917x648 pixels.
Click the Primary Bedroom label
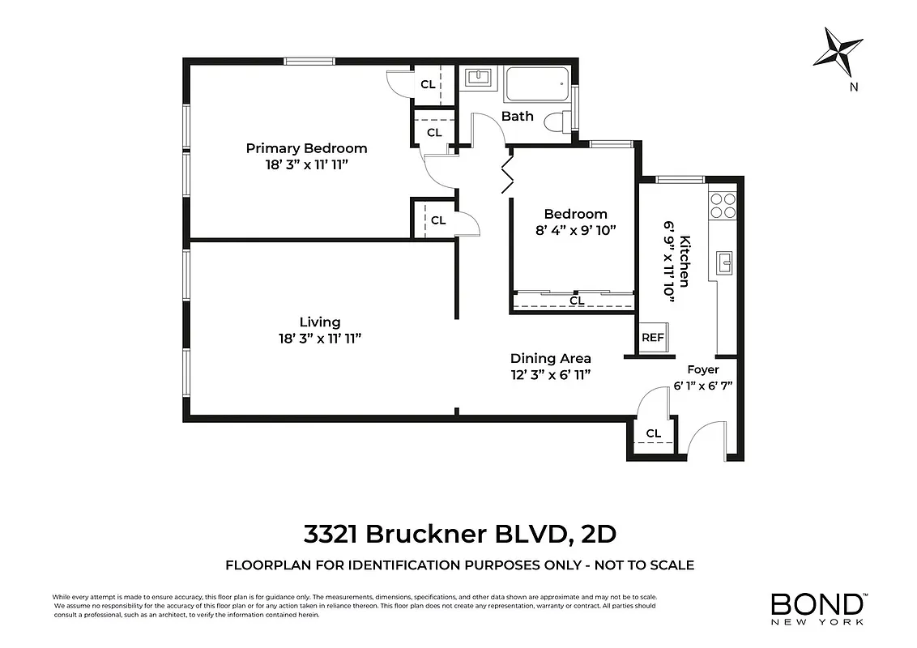coord(306,148)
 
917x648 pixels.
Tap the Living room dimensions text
coord(319,339)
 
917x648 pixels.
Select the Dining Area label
coord(550,358)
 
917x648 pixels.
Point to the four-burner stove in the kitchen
coord(723,206)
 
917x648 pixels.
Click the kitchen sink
coord(726,262)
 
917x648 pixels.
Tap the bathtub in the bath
coord(536,84)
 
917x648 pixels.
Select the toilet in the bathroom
coord(557,122)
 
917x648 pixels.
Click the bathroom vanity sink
coord(478,78)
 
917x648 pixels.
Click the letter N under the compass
coord(852,87)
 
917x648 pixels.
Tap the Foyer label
coord(702,369)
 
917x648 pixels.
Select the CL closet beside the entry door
coord(653,434)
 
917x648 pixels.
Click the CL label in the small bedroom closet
coord(576,301)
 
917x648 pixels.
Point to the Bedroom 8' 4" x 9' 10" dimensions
coord(575,230)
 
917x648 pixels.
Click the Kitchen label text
coord(685,261)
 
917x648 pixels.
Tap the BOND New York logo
coord(818,609)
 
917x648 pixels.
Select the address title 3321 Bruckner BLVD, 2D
coord(459,535)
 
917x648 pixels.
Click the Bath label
coord(517,116)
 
